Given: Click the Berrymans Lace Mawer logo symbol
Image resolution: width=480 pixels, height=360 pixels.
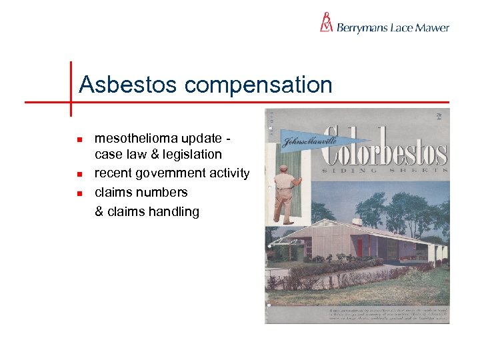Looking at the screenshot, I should pyautogui.click(x=326, y=22).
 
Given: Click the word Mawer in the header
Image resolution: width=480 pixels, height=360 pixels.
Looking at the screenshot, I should pyautogui.click(x=433, y=28).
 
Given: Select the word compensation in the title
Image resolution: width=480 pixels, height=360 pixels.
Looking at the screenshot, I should pyautogui.click(x=258, y=85).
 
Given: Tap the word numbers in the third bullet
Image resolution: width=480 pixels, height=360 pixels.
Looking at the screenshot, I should pyautogui.click(x=166, y=192).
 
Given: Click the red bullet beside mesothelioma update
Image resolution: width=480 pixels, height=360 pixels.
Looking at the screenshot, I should pyautogui.click(x=79, y=140).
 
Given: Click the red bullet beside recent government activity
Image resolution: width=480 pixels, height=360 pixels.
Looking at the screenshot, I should pyautogui.click(x=79, y=175).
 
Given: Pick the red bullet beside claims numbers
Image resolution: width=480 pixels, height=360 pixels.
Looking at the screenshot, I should pyautogui.click(x=79, y=193).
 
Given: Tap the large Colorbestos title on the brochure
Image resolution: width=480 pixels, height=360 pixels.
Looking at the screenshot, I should pyautogui.click(x=385, y=143).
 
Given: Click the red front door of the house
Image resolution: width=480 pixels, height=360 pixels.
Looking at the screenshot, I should pyautogui.click(x=359, y=247).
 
